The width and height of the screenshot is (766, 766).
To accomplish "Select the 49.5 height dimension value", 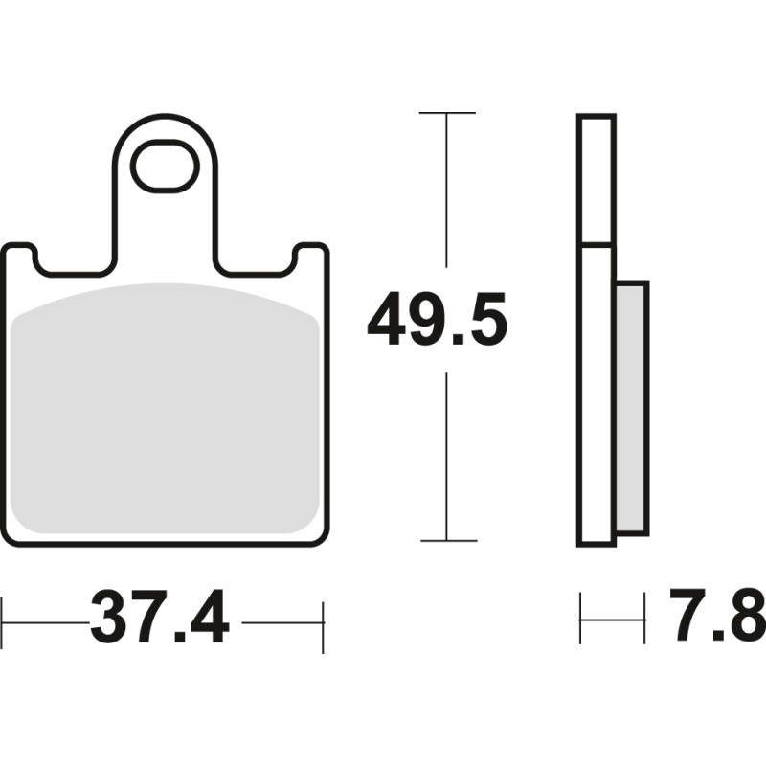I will pyautogui.click(x=437, y=322).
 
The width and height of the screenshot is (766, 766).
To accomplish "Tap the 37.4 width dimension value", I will pyautogui.click(x=160, y=620).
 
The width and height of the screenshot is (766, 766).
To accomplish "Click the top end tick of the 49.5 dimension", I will pyautogui.click(x=447, y=113).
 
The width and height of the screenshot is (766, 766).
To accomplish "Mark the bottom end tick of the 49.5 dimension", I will pyautogui.click(x=447, y=541).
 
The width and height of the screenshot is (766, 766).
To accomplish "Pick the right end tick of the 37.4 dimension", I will pyautogui.click(x=323, y=626).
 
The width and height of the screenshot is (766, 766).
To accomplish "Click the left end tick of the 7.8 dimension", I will pyautogui.click(x=580, y=619).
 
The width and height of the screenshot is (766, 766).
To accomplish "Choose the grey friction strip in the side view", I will pyautogui.click(x=632, y=407).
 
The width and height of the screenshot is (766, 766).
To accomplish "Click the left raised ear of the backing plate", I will pyautogui.click(x=19, y=257).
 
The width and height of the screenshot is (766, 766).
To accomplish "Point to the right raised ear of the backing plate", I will pyautogui.click(x=310, y=257).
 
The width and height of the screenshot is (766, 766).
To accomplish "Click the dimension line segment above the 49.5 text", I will pyautogui.click(x=447, y=191).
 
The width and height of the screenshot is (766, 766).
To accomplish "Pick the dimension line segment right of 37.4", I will pyautogui.click(x=282, y=622).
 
